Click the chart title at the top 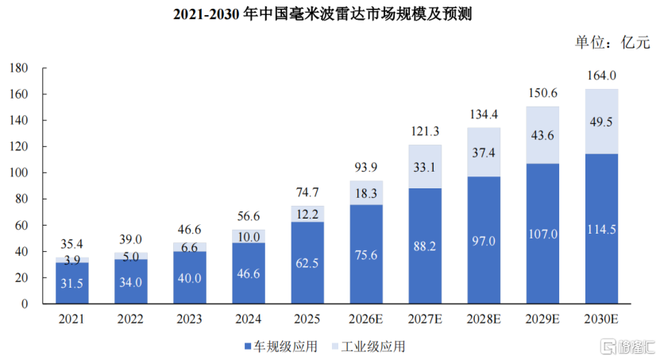[322, 14]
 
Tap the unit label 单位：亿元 [612, 42]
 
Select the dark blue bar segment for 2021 [72, 283]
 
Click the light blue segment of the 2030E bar [601, 122]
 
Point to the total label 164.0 [601, 75]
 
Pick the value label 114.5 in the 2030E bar [601, 230]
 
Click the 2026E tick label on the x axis [366, 319]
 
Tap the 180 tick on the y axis [19, 68]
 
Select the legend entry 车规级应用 [280, 346]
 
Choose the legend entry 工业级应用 [369, 346]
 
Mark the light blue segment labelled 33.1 [425, 167]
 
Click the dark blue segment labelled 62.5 [307, 263]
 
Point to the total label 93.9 [366, 167]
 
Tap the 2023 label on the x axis [189, 319]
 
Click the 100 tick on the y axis [19, 172]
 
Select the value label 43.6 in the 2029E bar [542, 135]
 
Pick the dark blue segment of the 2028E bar [484, 240]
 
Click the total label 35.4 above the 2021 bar [71, 244]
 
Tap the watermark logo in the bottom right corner [627, 346]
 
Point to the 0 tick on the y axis [25, 304]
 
